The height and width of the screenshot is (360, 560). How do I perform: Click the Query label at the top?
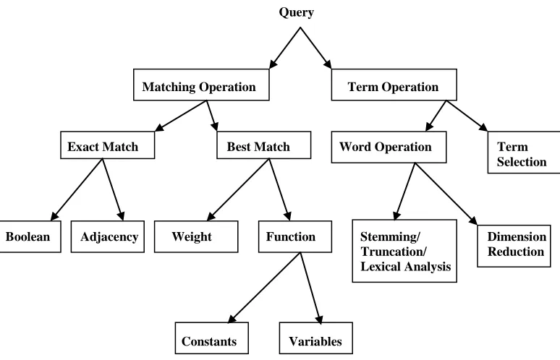(296, 12)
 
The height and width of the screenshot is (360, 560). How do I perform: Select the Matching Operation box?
(201, 85)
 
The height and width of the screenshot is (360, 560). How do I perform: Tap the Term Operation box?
(394, 85)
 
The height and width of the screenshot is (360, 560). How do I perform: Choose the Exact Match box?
(108, 145)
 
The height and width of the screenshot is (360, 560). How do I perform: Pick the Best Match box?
(263, 145)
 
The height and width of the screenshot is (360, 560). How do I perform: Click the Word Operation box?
(389, 147)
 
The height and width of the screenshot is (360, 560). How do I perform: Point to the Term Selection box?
(524, 153)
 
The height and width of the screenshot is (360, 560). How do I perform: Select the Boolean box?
(30, 236)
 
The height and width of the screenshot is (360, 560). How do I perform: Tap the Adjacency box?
(108, 236)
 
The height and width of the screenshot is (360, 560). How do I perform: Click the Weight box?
(196, 236)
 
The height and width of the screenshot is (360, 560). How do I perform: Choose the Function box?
(295, 236)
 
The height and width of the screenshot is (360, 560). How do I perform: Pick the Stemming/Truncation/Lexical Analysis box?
(404, 251)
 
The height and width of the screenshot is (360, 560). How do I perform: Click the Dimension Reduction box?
(514, 246)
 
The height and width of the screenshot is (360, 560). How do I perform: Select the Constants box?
(212, 338)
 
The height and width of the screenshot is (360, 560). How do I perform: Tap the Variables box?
(315, 338)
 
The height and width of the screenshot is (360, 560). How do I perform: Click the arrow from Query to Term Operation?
(315, 48)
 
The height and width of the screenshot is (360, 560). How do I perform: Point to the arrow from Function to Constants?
(264, 288)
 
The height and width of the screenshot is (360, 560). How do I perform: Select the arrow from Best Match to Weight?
(238, 189)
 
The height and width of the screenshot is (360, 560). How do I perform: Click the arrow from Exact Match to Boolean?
(77, 189)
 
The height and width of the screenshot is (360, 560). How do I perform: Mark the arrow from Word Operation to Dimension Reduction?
(446, 194)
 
